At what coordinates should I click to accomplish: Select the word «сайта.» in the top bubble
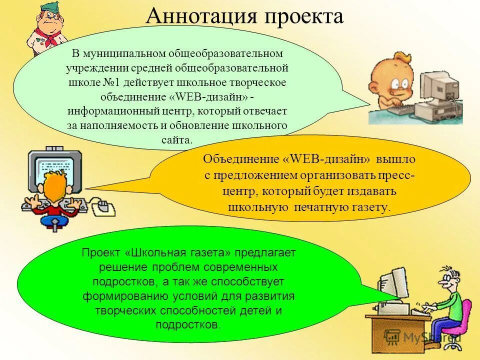click(x=177, y=139)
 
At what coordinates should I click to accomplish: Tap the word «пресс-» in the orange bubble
click(x=392, y=175)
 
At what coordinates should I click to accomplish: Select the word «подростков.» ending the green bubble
click(x=187, y=324)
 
